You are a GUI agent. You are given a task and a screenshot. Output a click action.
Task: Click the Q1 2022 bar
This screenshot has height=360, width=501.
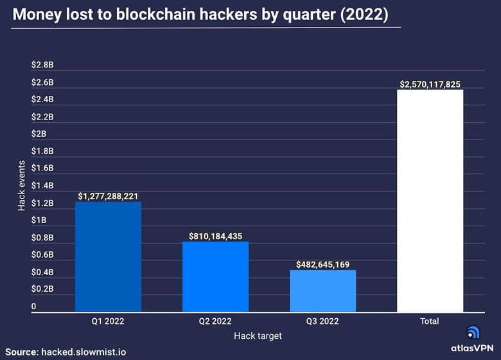pyautogui.click(x=108, y=257)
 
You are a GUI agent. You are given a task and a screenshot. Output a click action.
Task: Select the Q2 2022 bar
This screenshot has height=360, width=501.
pyautogui.click(x=215, y=276)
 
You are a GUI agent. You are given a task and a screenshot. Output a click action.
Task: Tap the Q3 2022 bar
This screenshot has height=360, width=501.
pyautogui.click(x=322, y=291)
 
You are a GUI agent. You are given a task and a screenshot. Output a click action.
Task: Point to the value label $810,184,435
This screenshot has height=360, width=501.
pyautogui.click(x=215, y=236)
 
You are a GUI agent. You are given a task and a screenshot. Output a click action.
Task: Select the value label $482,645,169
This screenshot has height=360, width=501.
pyautogui.click(x=322, y=264)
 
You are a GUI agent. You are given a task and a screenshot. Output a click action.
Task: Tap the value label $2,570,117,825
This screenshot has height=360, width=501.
pyautogui.click(x=430, y=84)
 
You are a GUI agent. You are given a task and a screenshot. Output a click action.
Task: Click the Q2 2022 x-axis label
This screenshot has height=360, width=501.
pyautogui.click(x=215, y=321)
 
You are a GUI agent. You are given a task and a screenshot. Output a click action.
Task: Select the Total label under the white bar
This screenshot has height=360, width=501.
pyautogui.click(x=430, y=321)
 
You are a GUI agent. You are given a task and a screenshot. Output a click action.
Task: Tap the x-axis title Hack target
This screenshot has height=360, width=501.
pyautogui.click(x=258, y=335)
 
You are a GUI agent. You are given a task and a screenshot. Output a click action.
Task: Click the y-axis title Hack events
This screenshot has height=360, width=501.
pyautogui.click(x=21, y=186)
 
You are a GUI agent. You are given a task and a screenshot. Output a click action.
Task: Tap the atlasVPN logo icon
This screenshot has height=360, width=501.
pyautogui.click(x=473, y=332)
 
